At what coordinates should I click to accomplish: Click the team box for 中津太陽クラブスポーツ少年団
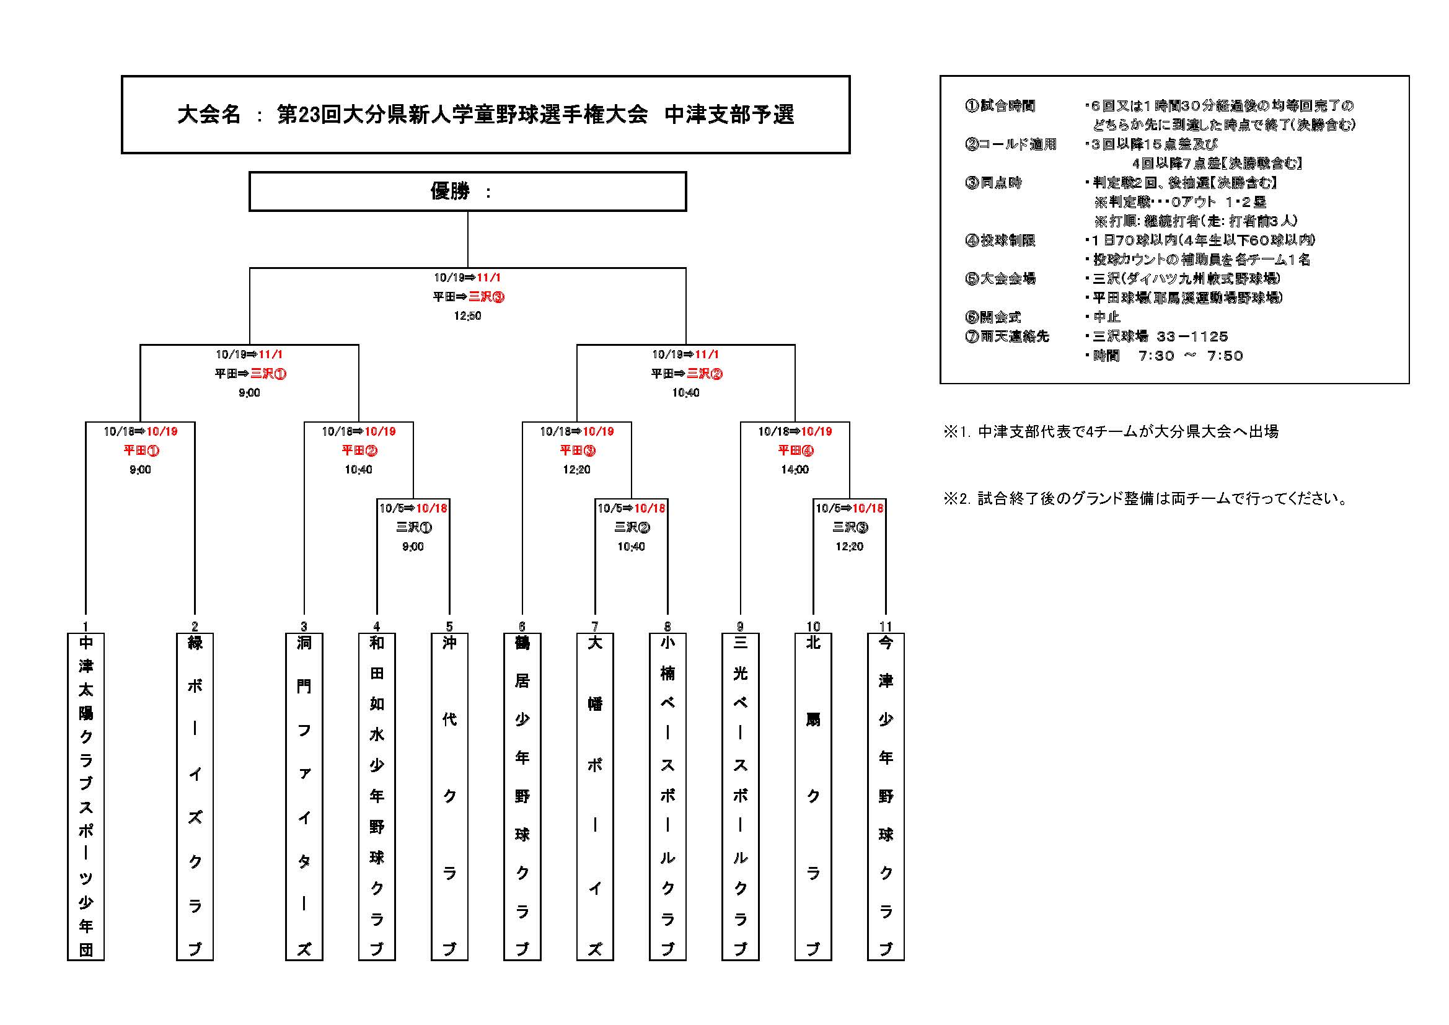(86, 796)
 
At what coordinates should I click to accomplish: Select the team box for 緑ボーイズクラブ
(195, 796)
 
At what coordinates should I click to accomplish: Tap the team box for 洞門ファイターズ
(304, 796)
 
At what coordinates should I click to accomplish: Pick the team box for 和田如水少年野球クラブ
(377, 796)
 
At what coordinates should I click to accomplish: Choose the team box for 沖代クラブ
(449, 796)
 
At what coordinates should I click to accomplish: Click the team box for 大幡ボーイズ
(595, 796)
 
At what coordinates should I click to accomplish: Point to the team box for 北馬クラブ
(813, 796)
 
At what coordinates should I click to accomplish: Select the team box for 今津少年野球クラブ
(886, 796)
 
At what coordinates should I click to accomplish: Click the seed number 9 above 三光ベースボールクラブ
(740, 627)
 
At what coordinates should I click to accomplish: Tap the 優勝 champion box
(468, 191)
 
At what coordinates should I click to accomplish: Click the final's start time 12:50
(468, 316)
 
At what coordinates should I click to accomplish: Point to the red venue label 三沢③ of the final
(487, 297)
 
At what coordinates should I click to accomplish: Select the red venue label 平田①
(141, 451)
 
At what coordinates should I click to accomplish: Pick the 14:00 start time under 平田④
(795, 470)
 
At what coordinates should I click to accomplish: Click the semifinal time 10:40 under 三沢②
(685, 392)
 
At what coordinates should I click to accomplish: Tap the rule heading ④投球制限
(1000, 240)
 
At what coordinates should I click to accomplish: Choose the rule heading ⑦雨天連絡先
(1007, 337)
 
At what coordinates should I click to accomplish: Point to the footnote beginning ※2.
(1145, 499)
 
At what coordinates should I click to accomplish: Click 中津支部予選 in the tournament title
(729, 115)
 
